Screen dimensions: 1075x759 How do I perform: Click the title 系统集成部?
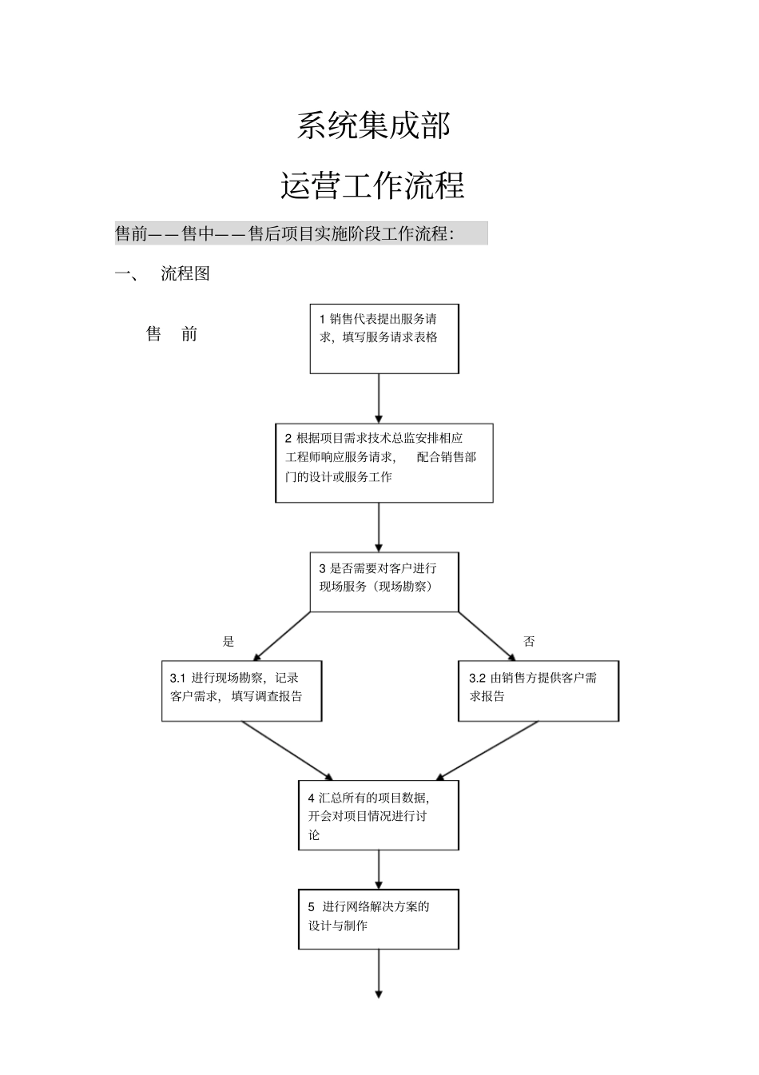coord(374,125)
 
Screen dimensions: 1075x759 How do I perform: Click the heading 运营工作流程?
coord(372,186)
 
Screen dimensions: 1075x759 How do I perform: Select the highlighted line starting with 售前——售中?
coord(300,233)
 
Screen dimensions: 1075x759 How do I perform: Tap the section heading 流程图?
coord(185,273)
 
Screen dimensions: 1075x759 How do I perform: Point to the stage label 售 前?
coord(172,334)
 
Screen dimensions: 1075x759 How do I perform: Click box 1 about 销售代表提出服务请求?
coord(384,338)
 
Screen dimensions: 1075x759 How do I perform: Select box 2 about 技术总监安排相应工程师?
coord(383,463)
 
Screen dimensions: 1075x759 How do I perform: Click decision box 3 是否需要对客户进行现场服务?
coord(384,582)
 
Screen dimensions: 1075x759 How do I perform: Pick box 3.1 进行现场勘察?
coord(241,691)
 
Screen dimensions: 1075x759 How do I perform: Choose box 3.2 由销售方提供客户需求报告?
coord(538,691)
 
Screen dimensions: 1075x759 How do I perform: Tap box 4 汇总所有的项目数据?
coord(379,815)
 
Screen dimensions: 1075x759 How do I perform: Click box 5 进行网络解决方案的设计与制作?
coord(379,919)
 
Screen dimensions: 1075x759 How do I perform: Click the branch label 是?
coord(228,641)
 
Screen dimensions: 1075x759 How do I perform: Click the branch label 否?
coord(529,641)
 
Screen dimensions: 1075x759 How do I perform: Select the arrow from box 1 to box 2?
coord(379,398)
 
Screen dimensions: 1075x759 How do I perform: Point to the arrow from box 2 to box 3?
coord(379,527)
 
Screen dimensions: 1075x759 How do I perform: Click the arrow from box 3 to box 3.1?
coord(280,637)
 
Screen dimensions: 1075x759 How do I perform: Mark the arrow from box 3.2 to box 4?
coord(487,751)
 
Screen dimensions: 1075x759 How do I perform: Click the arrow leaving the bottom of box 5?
coord(379,973)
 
